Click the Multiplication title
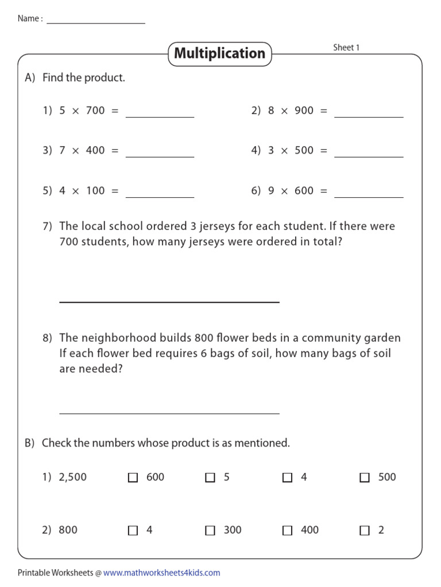[x=219, y=53]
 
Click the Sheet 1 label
[x=346, y=48]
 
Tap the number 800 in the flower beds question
[x=204, y=338]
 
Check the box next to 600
[x=133, y=478]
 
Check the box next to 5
[x=210, y=478]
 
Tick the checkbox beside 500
[x=365, y=478]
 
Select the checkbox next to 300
[x=210, y=531]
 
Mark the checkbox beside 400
[x=288, y=531]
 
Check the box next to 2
[x=365, y=531]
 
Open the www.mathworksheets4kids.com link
[x=162, y=573]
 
